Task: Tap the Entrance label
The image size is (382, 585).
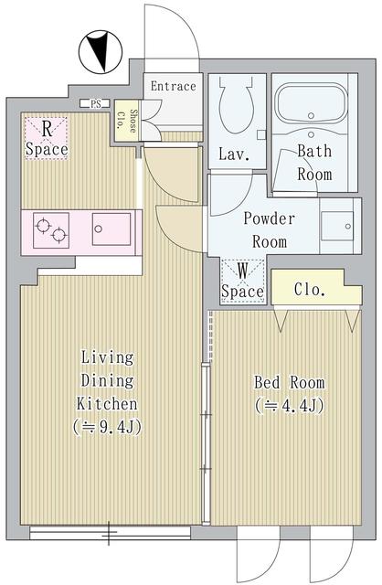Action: tap(173, 87)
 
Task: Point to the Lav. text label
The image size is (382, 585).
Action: tap(234, 154)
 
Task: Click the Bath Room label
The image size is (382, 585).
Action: tap(314, 163)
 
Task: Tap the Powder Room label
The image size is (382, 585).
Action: tap(269, 230)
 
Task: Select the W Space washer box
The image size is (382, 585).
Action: tap(243, 281)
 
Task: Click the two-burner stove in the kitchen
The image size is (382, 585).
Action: tap(50, 229)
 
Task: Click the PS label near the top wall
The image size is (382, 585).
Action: tap(95, 103)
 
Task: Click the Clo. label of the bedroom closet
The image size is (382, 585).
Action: tap(310, 291)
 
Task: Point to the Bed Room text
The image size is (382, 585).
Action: tap(288, 381)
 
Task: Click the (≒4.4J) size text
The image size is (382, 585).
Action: tap(288, 405)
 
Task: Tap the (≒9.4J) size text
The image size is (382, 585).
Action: tap(108, 427)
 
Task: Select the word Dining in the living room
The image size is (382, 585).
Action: tap(108, 380)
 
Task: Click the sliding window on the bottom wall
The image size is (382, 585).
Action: tap(110, 531)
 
